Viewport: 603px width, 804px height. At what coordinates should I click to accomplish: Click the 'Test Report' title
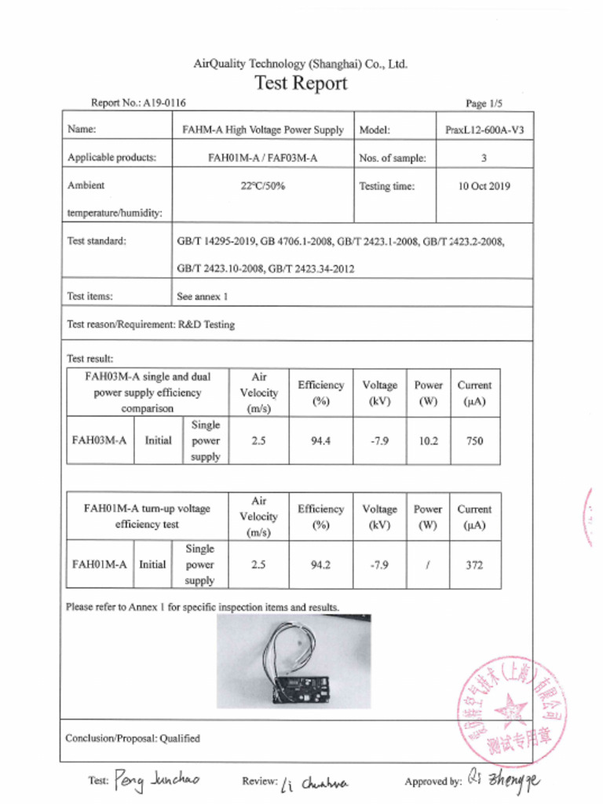301,83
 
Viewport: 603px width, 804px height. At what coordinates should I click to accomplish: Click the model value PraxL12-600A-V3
484,130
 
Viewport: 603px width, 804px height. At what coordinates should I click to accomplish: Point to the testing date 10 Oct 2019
484,187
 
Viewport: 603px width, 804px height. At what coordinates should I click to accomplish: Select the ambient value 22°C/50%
262,187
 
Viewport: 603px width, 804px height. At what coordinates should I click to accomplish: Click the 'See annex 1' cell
203,297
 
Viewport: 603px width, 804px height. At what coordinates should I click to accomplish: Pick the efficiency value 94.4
320,441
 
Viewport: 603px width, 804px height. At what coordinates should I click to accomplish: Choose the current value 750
474,441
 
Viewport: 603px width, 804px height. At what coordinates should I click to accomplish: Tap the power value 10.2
428,441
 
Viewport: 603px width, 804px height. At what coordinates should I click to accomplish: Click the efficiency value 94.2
320,565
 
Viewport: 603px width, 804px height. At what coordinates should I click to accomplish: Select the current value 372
474,565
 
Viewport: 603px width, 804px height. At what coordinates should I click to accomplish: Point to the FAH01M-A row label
99,565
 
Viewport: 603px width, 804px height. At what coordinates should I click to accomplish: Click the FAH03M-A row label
99,440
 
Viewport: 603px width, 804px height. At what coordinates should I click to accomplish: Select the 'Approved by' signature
503,780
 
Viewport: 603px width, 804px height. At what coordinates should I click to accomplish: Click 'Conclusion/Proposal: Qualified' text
133,738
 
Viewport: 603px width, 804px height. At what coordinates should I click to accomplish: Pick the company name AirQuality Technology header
301,64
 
